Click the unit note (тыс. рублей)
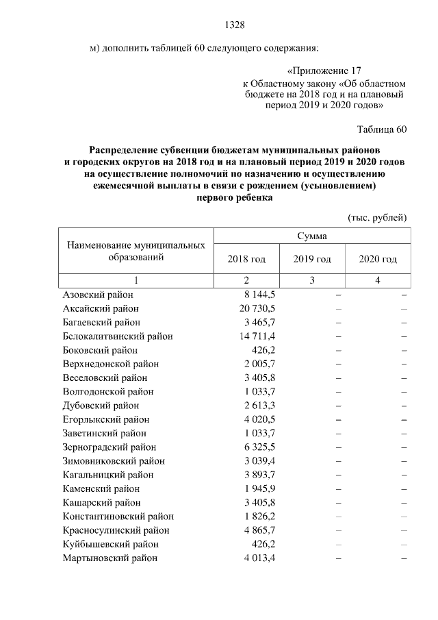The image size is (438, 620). [378, 217]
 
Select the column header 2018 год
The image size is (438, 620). [246, 259]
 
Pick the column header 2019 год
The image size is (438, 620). [312, 259]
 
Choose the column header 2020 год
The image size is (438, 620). [378, 259]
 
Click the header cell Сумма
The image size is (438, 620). [311, 236]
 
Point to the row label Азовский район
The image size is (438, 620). [97, 294]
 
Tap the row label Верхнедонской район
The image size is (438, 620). [110, 364]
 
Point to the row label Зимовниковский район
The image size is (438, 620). [113, 461]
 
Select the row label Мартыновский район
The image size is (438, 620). [109, 558]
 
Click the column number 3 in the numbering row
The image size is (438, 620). [312, 280]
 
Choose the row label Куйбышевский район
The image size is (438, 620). [110, 544]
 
